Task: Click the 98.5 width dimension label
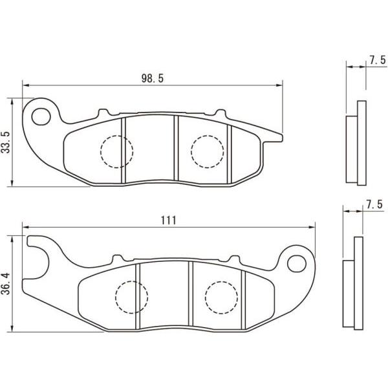click(x=153, y=78)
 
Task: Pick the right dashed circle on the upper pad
click(x=208, y=151)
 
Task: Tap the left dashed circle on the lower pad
click(x=131, y=297)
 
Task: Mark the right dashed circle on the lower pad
click(x=221, y=297)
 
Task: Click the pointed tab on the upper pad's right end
click(x=277, y=135)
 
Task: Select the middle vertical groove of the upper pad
click(x=175, y=149)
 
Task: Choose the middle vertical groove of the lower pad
click(x=189, y=294)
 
